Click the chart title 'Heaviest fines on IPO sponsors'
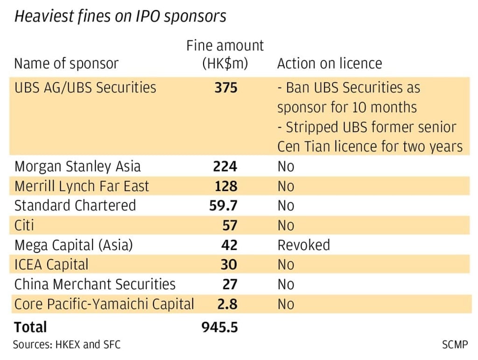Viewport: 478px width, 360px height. (120, 16)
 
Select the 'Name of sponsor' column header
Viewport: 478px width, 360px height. (66, 63)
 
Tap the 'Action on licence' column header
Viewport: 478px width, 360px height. (329, 63)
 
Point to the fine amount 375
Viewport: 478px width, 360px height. (226, 88)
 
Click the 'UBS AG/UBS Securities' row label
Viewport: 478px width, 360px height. (85, 88)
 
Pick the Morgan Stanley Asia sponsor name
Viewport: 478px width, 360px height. (77, 166)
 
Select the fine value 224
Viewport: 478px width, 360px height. (225, 166)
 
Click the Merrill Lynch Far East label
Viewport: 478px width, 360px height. (82, 186)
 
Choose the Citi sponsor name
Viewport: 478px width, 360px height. (24, 226)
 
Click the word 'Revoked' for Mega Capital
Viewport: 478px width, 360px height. (303, 245)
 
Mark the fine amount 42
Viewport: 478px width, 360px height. (229, 245)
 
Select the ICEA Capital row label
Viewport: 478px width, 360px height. (51, 265)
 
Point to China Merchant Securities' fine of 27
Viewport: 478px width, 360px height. (229, 284)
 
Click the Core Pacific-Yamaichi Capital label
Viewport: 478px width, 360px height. (104, 304)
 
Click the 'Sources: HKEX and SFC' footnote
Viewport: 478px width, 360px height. (66, 345)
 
